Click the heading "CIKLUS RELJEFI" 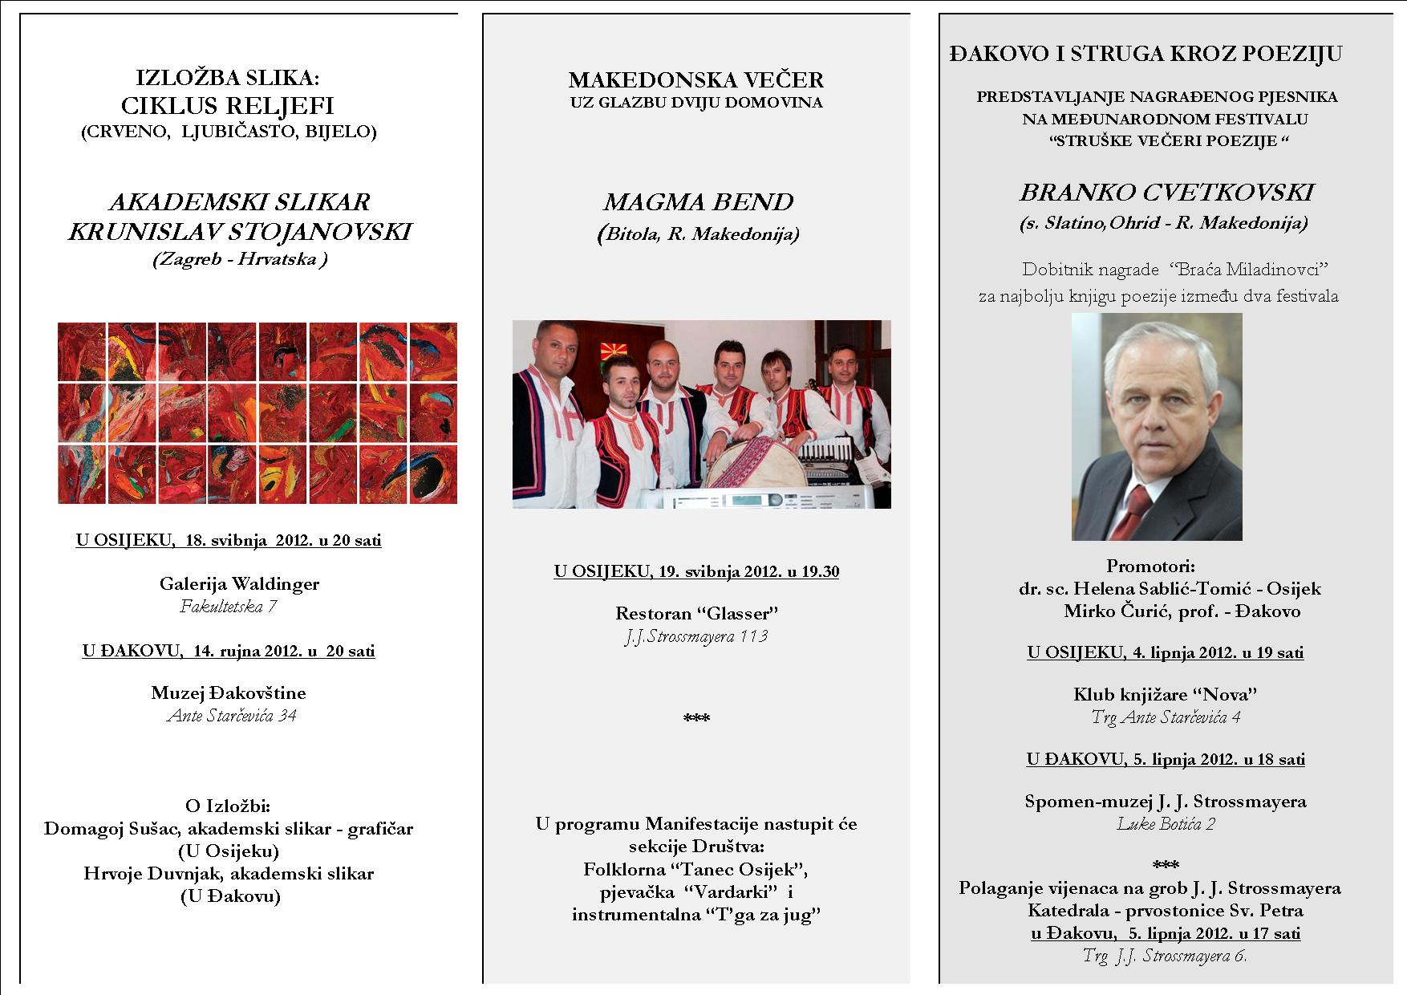[228, 106]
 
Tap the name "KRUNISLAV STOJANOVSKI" [240, 233]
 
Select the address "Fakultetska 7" [229, 607]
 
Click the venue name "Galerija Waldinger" [239, 584]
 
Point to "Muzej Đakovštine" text [229, 692]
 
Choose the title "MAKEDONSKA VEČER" [695, 80]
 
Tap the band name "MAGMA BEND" [698, 202]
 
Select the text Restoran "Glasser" [697, 614]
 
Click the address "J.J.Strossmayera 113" [696, 636]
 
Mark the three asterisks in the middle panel [696, 718]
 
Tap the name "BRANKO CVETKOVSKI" [1166, 193]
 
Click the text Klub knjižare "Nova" [1165, 695]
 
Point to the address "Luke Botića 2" [1166, 824]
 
